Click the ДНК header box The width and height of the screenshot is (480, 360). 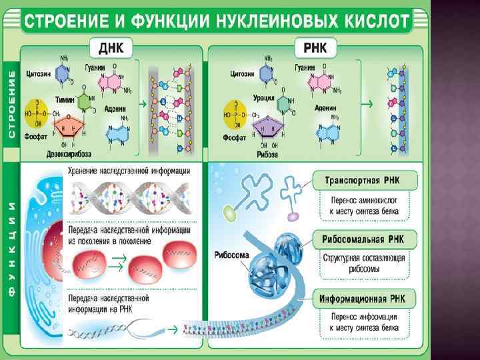(111, 49)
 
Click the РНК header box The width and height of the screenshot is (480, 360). (315, 49)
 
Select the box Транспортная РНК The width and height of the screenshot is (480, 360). (366, 180)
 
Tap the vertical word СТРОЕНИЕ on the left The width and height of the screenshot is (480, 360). (11, 101)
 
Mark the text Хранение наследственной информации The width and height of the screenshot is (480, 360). (129, 171)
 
